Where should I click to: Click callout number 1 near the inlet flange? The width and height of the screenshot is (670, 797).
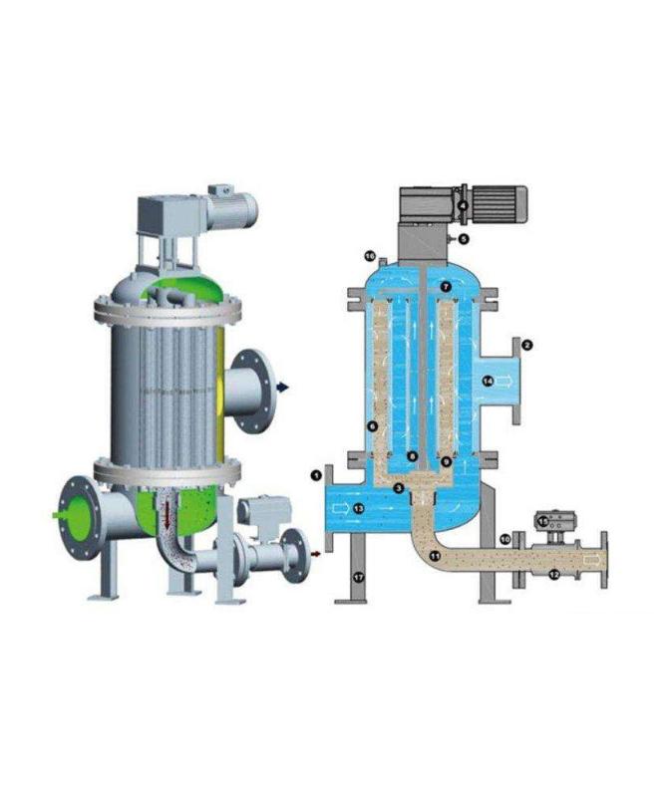click(316, 475)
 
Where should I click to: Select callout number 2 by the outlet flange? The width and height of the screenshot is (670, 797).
click(527, 345)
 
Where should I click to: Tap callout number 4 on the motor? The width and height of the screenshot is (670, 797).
click(463, 206)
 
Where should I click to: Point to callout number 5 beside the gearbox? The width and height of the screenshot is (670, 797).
click(463, 239)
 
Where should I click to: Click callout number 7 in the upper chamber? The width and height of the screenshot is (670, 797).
click(446, 287)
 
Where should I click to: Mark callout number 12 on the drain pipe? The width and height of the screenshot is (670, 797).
click(553, 576)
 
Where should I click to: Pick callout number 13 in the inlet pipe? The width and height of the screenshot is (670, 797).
click(359, 509)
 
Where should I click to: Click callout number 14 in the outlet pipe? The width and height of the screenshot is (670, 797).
click(488, 381)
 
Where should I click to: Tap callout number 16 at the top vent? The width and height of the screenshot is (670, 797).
click(369, 257)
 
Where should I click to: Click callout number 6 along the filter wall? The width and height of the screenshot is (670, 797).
click(372, 425)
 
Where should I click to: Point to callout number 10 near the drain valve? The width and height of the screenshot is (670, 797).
click(505, 539)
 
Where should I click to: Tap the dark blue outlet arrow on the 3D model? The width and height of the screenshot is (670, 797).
click(286, 389)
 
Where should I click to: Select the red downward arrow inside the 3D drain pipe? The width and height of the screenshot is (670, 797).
click(180, 518)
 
